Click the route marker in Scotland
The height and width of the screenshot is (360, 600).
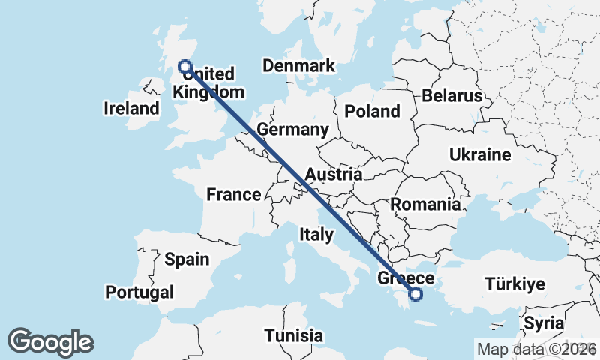coord(184,67)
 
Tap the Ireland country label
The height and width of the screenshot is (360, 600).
coord(132,109)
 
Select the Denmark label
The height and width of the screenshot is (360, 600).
coord(298,66)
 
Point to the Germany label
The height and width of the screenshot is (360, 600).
coord(292,130)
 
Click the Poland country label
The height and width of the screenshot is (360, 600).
coord(372,112)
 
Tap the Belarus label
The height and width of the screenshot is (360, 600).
coord(451,96)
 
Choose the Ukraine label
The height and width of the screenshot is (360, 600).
coord(480,155)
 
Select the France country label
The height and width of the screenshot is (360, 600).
coord(233,195)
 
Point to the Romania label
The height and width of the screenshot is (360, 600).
coord(424,204)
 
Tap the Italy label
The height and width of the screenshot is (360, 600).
coord(316,235)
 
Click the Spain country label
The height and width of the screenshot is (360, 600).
coord(186,259)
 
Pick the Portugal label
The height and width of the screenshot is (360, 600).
coord(139,292)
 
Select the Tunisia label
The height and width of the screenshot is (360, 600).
coord(294,335)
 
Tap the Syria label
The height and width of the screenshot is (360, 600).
coord(544,324)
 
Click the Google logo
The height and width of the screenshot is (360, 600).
coord(51,342)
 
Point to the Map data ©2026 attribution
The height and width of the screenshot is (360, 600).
coord(536,349)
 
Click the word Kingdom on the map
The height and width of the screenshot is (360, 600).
coord(208,92)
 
